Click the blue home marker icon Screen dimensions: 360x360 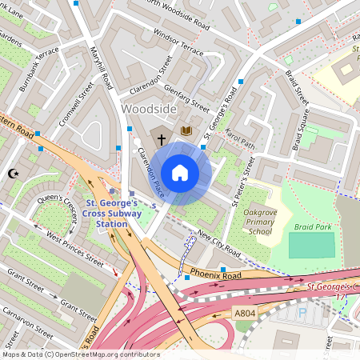click(180, 173)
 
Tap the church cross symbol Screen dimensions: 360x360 click(161, 139)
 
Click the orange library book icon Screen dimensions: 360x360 click(186, 130)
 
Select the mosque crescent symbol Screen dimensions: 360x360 click(12, 174)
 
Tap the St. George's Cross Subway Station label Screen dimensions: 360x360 click(111, 214)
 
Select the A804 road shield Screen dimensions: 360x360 click(245, 312)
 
